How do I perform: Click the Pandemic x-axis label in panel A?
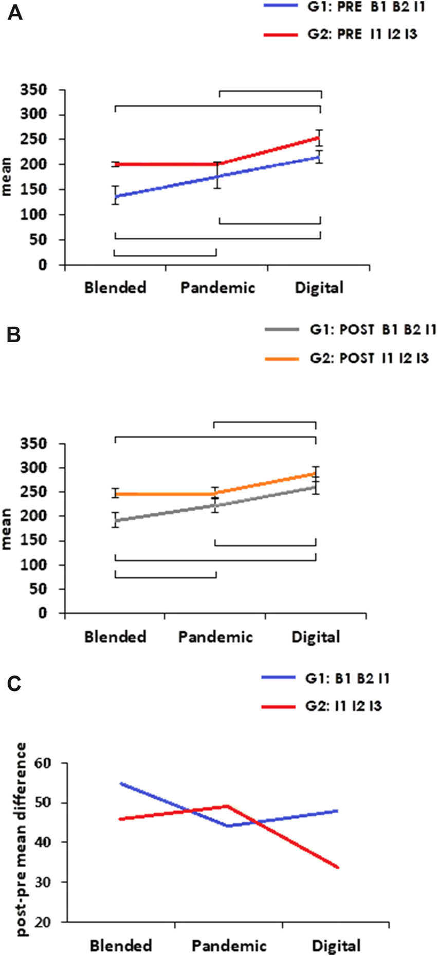tap(217, 287)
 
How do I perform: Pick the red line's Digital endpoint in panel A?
tap(320, 138)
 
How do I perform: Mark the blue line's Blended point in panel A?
tap(115, 196)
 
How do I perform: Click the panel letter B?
tap(14, 335)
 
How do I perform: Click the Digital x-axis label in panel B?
tap(316, 637)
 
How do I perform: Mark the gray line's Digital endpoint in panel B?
tap(316, 486)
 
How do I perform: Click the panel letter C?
tap(14, 684)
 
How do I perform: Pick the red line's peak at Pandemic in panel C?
tap(227, 807)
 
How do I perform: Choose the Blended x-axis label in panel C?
tap(121, 945)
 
